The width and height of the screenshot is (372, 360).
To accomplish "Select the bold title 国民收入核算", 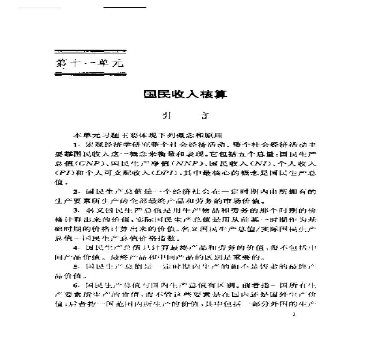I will [x=185, y=94].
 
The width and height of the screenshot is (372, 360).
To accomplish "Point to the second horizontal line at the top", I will [x=125, y=7].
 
